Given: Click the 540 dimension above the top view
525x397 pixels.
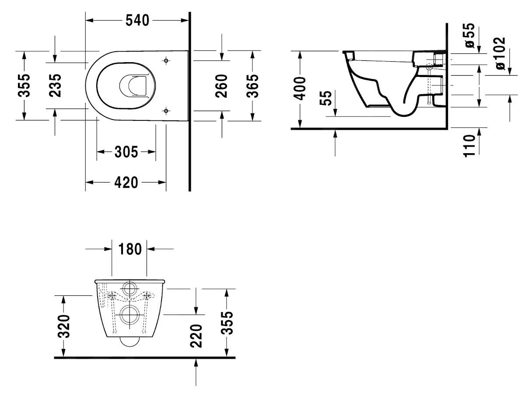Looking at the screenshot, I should click(x=137, y=20).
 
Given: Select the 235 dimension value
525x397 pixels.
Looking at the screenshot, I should click(x=55, y=85).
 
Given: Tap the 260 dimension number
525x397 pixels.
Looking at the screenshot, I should click(x=222, y=86).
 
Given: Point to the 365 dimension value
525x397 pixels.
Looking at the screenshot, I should click(x=252, y=86).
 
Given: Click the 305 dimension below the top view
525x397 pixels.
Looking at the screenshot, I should click(x=126, y=152).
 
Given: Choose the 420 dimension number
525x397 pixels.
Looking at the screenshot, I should click(x=126, y=182).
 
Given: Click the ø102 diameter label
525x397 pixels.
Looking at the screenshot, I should click(x=500, y=53).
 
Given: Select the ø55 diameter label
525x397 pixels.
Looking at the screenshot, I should click(x=469, y=35).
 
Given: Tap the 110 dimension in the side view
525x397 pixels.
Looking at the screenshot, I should click(x=469, y=146).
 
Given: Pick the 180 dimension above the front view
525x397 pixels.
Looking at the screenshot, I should click(x=129, y=249).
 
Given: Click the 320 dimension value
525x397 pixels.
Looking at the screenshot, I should click(x=64, y=327).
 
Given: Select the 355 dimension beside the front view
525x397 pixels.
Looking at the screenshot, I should click(x=227, y=323).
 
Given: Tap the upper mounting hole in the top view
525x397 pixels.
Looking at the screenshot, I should click(x=166, y=60).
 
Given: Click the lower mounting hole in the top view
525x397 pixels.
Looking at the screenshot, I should click(x=166, y=110).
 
